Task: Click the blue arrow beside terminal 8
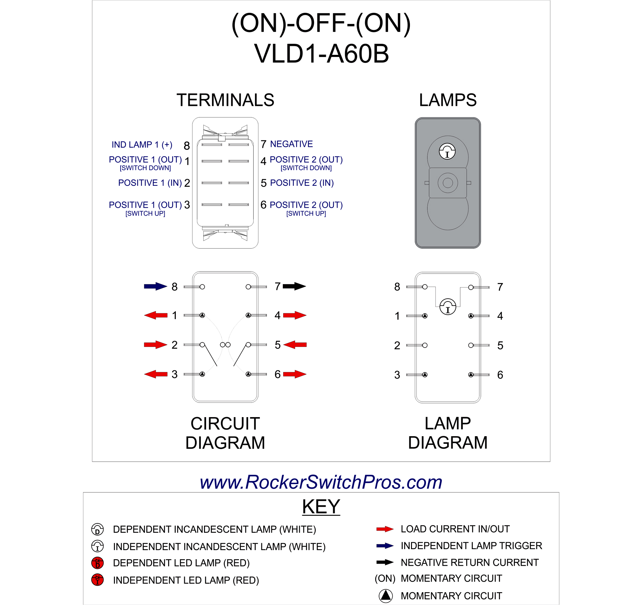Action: tap(155, 286)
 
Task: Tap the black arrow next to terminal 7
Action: tap(294, 286)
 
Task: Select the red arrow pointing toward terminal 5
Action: tap(295, 345)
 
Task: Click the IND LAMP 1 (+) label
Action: tap(142, 144)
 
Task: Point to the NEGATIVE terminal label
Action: tap(291, 144)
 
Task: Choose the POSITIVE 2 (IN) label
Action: tap(302, 183)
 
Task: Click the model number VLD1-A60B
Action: tap(321, 54)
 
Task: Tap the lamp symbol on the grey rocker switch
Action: tap(447, 151)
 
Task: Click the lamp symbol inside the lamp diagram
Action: tap(447, 307)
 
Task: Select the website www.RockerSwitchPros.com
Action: tap(321, 482)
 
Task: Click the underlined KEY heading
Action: tap(321, 506)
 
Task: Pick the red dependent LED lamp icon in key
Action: tap(97, 563)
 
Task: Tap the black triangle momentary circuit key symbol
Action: tap(385, 596)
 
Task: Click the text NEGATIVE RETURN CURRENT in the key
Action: tap(469, 562)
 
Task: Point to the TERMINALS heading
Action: tap(225, 100)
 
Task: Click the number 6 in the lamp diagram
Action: tap(500, 375)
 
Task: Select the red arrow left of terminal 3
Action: tap(156, 374)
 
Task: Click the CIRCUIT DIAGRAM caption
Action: tap(225, 433)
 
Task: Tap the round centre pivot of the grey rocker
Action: tap(447, 183)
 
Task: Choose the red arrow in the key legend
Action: tap(385, 529)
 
